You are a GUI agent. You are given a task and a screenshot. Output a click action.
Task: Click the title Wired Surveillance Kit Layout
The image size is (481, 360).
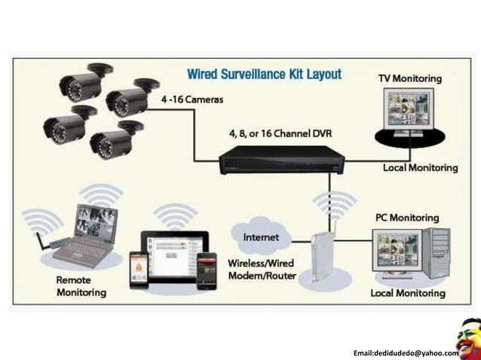click(264, 75)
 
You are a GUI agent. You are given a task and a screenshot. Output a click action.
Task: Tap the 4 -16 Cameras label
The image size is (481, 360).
click(191, 99)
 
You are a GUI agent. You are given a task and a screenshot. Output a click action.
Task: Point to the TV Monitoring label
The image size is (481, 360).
click(409, 78)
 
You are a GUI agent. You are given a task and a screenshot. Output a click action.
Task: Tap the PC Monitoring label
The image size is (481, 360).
click(407, 218)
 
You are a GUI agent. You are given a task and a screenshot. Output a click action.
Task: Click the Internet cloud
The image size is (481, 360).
click(261, 237)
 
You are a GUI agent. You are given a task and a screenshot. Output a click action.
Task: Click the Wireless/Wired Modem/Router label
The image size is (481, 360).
click(260, 271)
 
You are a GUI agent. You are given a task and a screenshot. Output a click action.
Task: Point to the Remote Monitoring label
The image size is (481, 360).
click(81, 285)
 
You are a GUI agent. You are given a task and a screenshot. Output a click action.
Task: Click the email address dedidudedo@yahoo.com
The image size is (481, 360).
click(406, 352)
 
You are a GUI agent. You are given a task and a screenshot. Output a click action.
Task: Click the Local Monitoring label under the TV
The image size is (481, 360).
click(420, 167)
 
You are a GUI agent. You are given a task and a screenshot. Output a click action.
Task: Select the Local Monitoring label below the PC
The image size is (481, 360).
click(407, 293)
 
